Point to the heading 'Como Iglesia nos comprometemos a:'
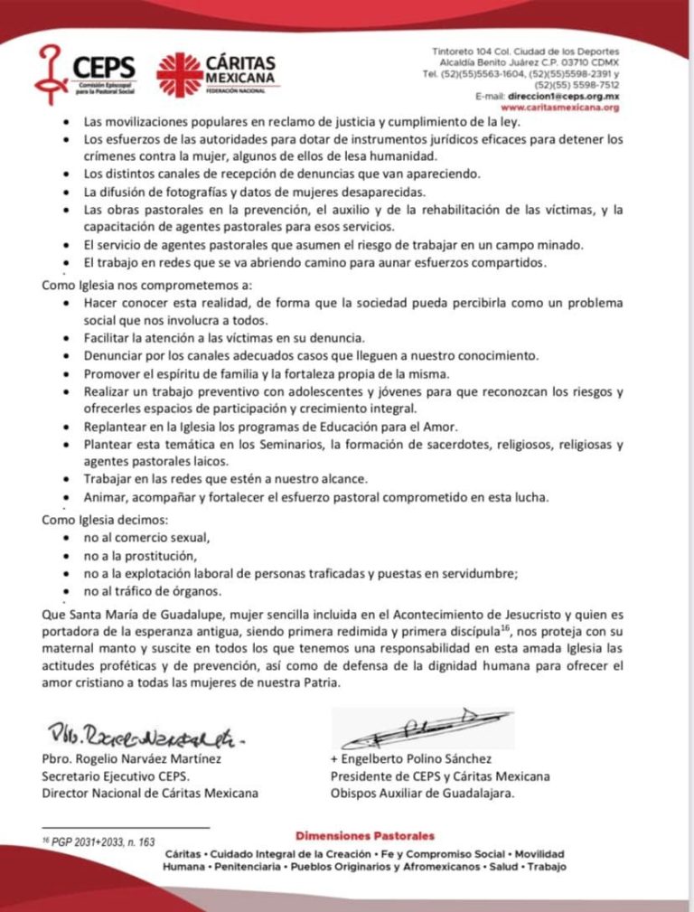[x=135, y=284]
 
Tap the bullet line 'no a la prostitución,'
[x=140, y=556]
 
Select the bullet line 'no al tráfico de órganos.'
[x=155, y=592]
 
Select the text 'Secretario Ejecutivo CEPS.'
[x=116, y=776]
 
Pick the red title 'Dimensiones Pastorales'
[x=364, y=836]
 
